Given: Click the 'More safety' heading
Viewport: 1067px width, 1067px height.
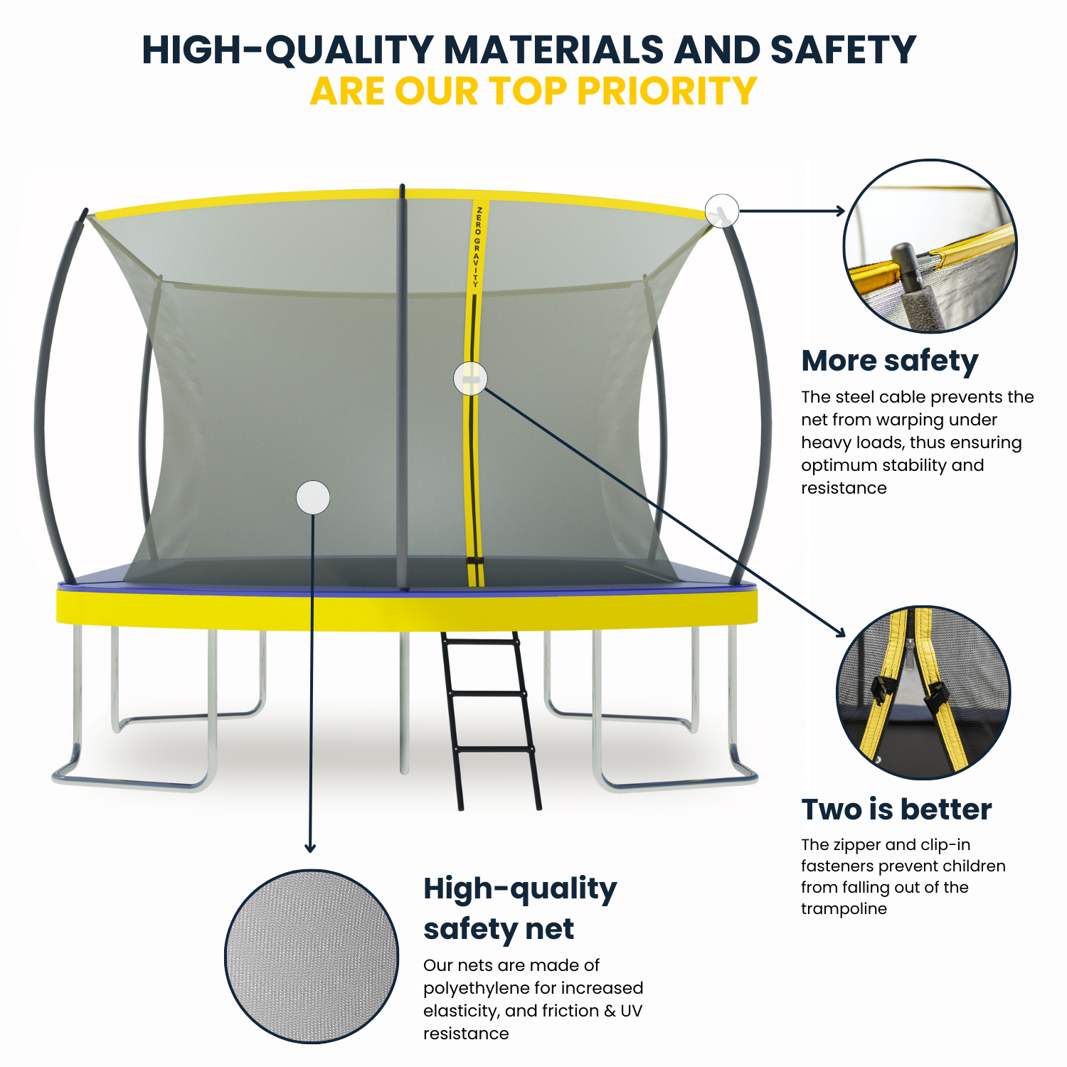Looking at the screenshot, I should (889, 361).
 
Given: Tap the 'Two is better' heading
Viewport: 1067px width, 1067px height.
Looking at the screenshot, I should (896, 809).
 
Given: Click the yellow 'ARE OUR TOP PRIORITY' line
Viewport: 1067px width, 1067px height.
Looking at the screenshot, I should (533, 92).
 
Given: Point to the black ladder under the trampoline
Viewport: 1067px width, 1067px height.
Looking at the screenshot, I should (491, 718).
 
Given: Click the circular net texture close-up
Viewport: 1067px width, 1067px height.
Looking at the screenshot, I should (312, 957).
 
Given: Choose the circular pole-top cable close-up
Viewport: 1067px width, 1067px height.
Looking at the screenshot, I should (930, 246).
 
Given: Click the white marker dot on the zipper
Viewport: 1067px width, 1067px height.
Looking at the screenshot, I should (470, 378).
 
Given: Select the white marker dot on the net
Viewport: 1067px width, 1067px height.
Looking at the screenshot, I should (313, 497).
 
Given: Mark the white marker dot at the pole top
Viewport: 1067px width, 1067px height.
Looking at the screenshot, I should (722, 211).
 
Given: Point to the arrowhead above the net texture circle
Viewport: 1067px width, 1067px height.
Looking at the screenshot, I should (310, 848).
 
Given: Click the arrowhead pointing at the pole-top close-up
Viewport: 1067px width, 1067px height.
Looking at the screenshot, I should (840, 211).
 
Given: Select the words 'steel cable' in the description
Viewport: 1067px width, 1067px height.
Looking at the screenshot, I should (880, 397).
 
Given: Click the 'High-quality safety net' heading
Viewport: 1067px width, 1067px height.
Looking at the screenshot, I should (519, 908).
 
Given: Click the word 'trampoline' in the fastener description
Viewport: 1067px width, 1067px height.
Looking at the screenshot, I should (844, 909).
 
